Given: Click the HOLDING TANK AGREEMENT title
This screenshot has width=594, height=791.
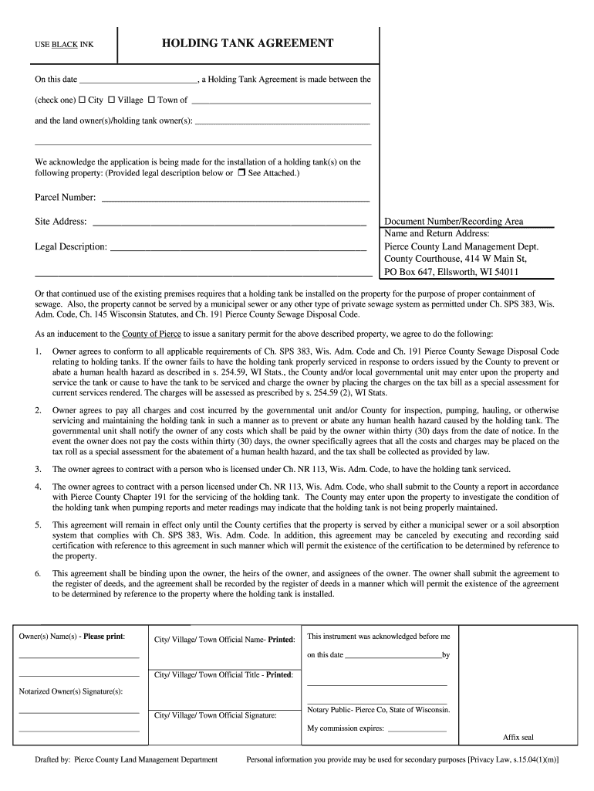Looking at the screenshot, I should point(248,43).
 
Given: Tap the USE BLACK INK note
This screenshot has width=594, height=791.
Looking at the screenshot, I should point(64,45).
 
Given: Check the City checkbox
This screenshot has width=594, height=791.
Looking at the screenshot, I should point(82,100).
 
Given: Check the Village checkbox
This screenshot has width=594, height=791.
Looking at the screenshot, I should point(111,100).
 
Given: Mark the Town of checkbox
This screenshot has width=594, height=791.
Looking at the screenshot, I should point(151,100).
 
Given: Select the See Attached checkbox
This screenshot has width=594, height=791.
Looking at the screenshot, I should point(241,173).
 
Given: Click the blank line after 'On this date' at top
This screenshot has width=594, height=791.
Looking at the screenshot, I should point(138,80).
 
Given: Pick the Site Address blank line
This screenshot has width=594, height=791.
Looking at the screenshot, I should point(228,222).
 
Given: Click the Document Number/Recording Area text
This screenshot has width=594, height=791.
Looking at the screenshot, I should point(454,222).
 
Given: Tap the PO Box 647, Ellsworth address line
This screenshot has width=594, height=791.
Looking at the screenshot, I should point(451,272).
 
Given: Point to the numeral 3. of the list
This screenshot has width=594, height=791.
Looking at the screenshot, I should point(38,469).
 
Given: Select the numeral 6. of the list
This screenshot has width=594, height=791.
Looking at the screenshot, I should point(38,574).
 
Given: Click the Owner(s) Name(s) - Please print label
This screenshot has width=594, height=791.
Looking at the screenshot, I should point(72,636).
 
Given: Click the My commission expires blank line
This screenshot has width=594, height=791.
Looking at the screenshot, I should point(417,728).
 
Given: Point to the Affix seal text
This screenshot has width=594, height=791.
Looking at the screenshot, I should point(518,737).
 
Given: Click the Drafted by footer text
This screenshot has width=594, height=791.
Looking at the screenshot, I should point(126,760).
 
